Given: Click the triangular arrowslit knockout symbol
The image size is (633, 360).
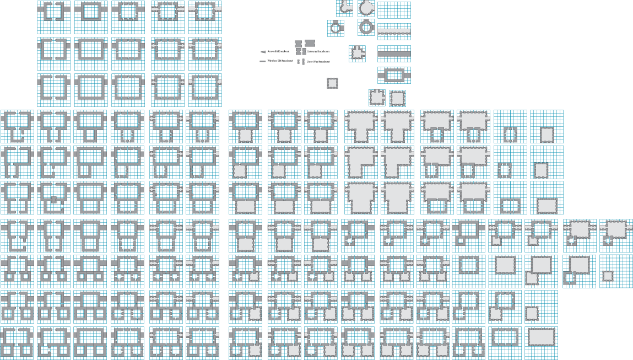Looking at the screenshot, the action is pos(263,52).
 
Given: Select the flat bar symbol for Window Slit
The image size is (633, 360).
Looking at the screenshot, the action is pos(262,61).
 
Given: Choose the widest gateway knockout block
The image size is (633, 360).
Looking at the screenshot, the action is pos(310,43).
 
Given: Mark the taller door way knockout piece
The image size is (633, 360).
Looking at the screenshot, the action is pos(304,62).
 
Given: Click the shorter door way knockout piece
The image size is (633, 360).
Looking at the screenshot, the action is pos(299,62).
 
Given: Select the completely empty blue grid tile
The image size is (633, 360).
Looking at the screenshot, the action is pos(394,10).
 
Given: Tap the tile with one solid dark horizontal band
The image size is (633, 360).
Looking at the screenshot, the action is pos(394,53).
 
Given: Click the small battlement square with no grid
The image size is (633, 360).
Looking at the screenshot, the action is pos(332,83).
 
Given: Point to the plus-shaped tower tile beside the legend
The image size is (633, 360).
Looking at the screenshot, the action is pos(357,53).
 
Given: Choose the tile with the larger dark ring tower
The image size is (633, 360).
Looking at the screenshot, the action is pos(366,27).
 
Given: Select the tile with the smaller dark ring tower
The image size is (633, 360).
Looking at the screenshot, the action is pos(336,28).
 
